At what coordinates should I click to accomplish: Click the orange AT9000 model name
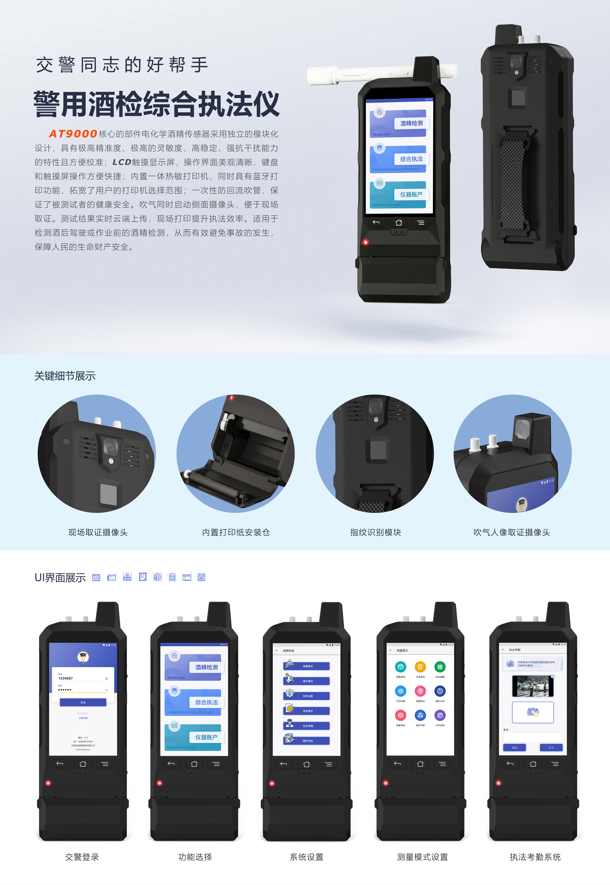[73, 134]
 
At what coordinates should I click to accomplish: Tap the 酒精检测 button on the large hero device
[411, 123]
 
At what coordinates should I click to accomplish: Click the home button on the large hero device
[399, 223]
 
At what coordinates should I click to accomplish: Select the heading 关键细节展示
[65, 376]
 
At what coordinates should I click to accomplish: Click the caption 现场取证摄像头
[98, 532]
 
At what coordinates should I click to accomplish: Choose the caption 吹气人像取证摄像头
[511, 532]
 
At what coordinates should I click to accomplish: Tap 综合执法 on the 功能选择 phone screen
[206, 702]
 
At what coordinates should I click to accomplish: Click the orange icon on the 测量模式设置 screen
[420, 667]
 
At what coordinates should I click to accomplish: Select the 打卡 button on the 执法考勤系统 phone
[551, 747]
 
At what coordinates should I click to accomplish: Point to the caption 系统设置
[307, 857]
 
